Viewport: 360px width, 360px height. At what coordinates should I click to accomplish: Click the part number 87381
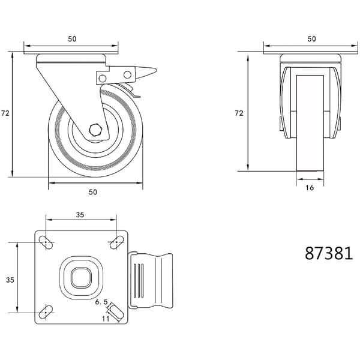pyautogui.click(x=329, y=253)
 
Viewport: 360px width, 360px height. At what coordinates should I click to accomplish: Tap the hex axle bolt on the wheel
pyautogui.click(x=95, y=130)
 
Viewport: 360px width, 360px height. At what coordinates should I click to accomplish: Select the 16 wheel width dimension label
pyautogui.click(x=310, y=188)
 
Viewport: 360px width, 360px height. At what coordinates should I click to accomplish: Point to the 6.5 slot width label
pyautogui.click(x=101, y=302)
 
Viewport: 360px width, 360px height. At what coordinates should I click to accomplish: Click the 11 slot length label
pyautogui.click(x=106, y=319)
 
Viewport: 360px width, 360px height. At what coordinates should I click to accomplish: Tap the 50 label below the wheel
pyautogui.click(x=93, y=192)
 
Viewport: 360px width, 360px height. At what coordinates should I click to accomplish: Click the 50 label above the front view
pyautogui.click(x=72, y=39)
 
